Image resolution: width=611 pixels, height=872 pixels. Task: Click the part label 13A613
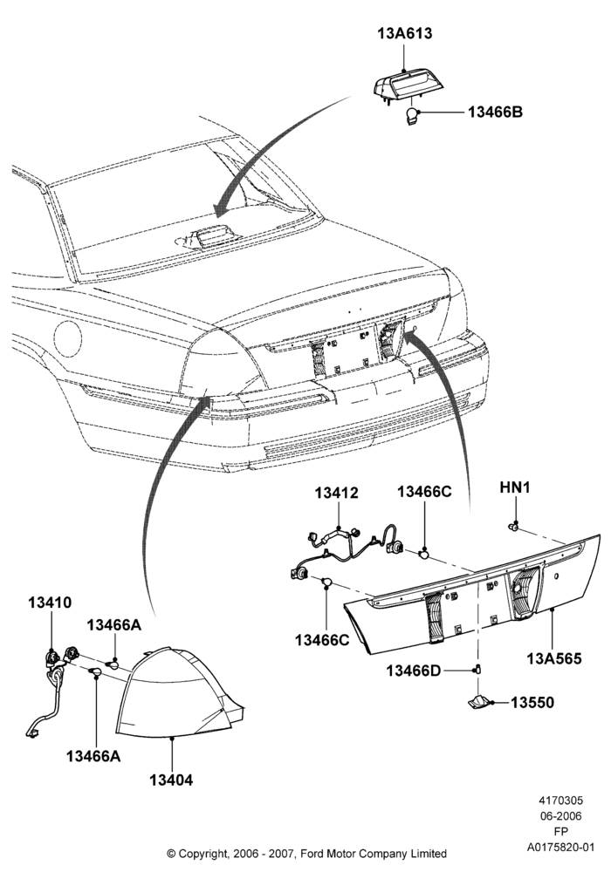[x=404, y=33]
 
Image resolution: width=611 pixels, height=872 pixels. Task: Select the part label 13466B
[x=495, y=112]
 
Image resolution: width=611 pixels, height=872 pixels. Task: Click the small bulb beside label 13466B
[x=411, y=118]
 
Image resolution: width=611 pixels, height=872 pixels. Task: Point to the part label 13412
[x=337, y=494]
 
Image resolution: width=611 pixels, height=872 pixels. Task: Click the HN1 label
[x=515, y=487]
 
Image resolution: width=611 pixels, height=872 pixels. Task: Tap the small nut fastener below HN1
[x=515, y=526]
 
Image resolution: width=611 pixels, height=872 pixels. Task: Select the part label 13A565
[x=554, y=658]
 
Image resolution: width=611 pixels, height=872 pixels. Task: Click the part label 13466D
[x=414, y=671]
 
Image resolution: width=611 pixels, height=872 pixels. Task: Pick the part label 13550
[x=532, y=702]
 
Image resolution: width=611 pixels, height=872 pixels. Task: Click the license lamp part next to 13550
[x=479, y=702]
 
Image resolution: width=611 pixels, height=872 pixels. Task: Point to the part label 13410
[x=50, y=603]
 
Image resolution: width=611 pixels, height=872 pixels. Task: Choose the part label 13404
[x=171, y=780]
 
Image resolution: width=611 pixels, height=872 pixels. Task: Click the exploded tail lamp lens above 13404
[x=179, y=692]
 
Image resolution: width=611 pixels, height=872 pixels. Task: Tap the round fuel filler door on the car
[x=68, y=340]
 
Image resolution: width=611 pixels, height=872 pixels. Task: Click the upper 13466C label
[x=424, y=492]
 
